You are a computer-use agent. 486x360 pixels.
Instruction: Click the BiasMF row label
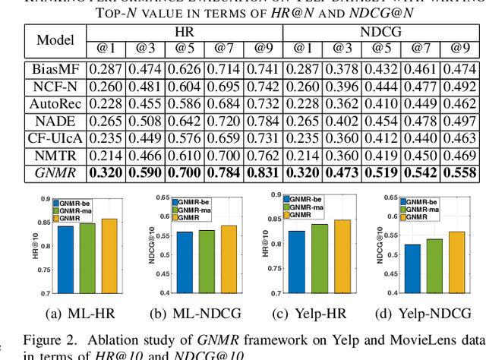click(x=55, y=69)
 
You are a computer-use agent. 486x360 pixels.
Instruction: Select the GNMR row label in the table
click(x=55, y=172)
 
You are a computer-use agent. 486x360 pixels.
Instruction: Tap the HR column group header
click(x=185, y=31)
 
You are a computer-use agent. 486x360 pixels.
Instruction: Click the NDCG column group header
click(x=380, y=31)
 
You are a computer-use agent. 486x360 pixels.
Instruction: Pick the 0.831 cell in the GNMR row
click(x=263, y=172)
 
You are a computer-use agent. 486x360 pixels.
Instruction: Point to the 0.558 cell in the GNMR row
click(x=458, y=172)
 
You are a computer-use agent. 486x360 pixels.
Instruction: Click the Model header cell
click(x=55, y=39)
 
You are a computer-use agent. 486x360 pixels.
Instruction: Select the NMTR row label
click(x=55, y=155)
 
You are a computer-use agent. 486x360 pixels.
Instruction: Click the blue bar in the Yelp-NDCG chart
click(x=412, y=269)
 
